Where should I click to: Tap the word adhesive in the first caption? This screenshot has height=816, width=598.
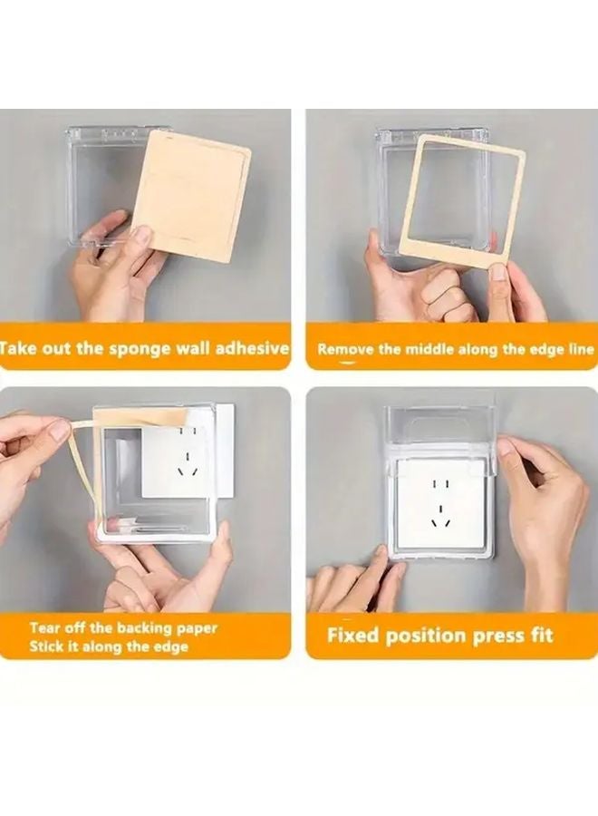[252, 347]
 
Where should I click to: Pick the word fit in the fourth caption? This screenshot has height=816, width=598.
[541, 636]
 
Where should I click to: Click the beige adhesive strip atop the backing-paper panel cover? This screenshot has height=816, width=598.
[140, 416]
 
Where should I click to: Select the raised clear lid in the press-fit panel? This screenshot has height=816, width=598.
[439, 427]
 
